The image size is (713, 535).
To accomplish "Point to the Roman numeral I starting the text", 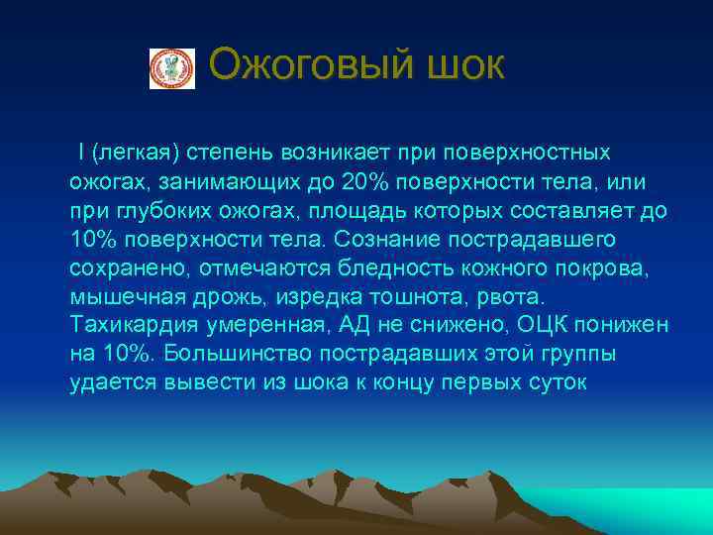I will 80,155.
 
